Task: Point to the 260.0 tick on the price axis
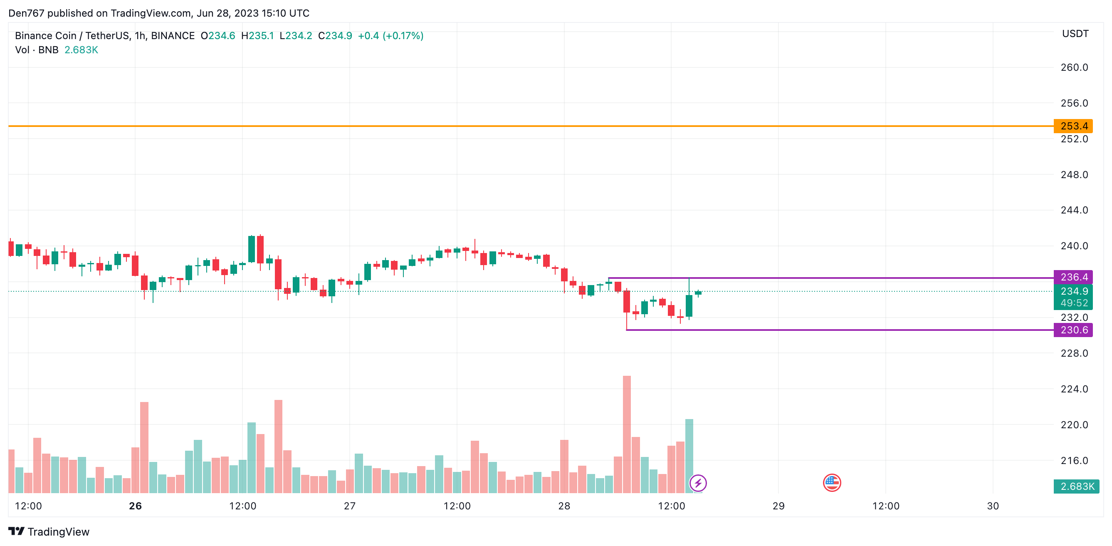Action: pos(1074,67)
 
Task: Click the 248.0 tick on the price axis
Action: pos(1074,175)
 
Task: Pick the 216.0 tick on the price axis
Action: pos(1074,460)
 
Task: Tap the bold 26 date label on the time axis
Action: pos(135,506)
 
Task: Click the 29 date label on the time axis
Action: pos(778,506)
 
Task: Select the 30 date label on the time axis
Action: pos(993,506)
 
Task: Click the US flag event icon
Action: pos(832,483)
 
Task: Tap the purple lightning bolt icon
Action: pos(698,483)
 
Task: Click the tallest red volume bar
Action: pos(627,434)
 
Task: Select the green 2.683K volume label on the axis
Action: pos(1076,486)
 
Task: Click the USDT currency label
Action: pos(1075,34)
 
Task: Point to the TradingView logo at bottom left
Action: pos(49,532)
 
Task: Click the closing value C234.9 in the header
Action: pos(335,36)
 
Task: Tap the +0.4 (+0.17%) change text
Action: pos(390,36)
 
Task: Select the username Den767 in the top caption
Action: pos(26,13)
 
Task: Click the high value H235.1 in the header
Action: pos(257,36)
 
